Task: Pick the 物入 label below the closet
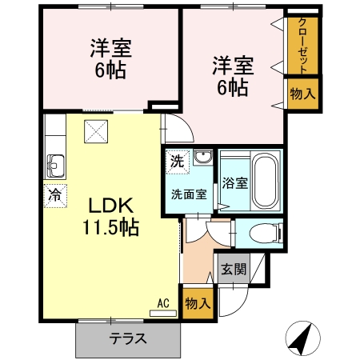[x=302, y=94]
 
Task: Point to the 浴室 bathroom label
[x=234, y=182]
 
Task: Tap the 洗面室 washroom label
[x=189, y=193]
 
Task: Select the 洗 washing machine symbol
[x=176, y=159]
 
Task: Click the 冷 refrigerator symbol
[x=55, y=195]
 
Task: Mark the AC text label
[x=163, y=303]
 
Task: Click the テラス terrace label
[x=128, y=338]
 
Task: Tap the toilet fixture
[x=262, y=233]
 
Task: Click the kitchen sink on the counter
[x=55, y=166]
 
